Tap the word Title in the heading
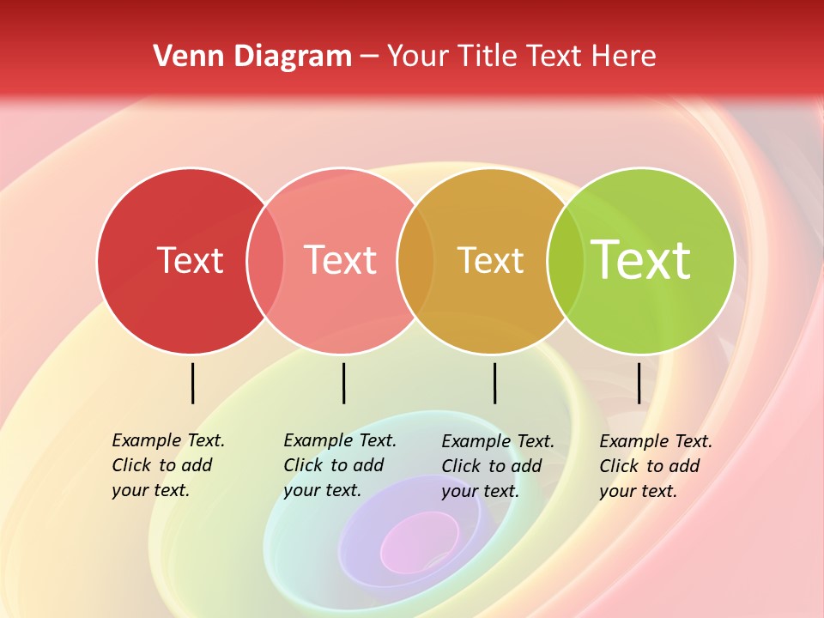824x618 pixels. (488, 56)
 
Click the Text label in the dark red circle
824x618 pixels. (190, 260)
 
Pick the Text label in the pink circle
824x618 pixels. (341, 260)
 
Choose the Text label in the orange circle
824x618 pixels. (490, 260)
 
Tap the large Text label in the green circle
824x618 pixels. (641, 260)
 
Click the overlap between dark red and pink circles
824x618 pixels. (265, 261)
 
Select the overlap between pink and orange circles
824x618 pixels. (415, 261)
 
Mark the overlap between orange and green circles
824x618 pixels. (566, 261)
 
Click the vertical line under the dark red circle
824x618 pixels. (192, 383)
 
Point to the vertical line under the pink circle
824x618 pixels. (343, 383)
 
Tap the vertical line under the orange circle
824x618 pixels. (494, 383)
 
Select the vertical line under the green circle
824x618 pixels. (639, 383)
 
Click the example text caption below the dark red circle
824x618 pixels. (167, 465)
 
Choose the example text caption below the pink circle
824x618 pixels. (339, 465)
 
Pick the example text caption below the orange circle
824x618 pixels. (497, 466)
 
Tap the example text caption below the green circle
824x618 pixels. (655, 466)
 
